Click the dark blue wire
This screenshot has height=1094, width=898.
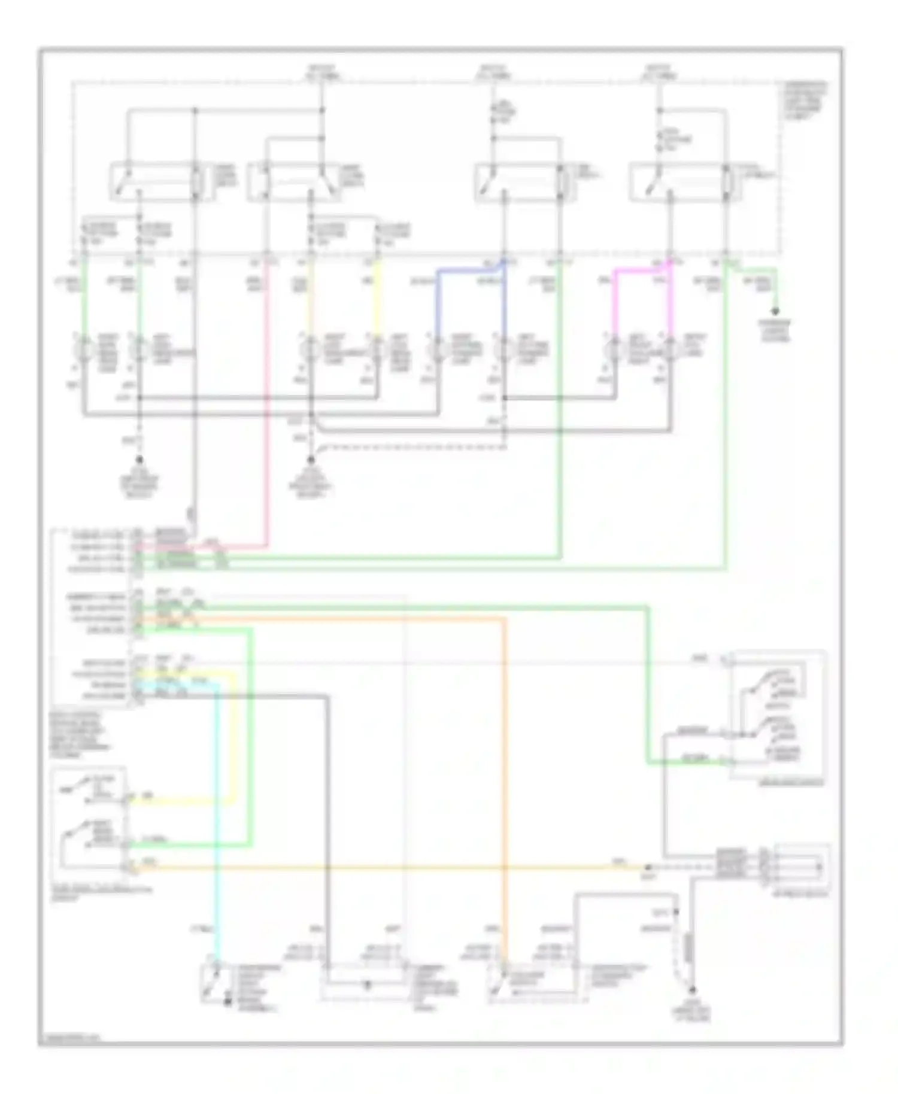tap(438, 299)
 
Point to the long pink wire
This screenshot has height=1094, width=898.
tap(266, 419)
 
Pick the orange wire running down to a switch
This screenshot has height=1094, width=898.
tap(505, 778)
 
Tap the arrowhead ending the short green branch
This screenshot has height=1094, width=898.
tap(776, 311)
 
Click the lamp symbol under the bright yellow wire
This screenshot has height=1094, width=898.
tap(377, 349)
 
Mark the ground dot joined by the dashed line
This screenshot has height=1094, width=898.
tap(311, 460)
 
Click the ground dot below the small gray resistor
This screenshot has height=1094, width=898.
tap(693, 990)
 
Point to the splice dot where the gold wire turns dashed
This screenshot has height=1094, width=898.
tap(648, 867)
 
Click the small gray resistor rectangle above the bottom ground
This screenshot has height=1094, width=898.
tap(688, 946)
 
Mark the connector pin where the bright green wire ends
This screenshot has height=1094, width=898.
tap(126, 844)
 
